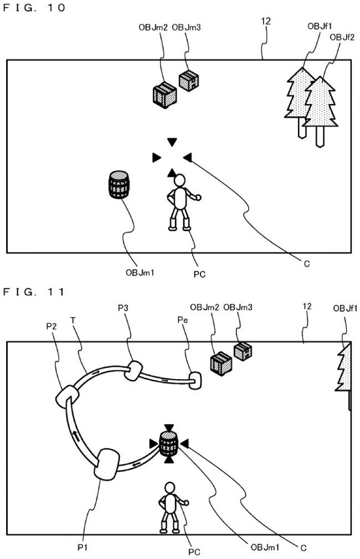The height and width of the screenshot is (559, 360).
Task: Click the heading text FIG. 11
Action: coord(34,291)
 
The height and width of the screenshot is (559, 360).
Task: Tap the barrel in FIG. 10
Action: coord(119,184)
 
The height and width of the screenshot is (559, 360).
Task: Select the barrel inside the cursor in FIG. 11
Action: coord(168,443)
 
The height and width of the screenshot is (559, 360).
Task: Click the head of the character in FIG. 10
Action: coord(179,182)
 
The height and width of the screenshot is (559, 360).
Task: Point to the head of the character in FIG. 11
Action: coord(168,488)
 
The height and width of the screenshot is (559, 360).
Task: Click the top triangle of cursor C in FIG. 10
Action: coord(172,142)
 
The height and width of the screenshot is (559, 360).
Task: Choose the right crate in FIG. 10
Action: coord(189,81)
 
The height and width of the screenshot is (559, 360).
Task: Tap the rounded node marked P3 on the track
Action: coord(134,370)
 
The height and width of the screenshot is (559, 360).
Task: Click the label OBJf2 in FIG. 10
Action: coord(339,37)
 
